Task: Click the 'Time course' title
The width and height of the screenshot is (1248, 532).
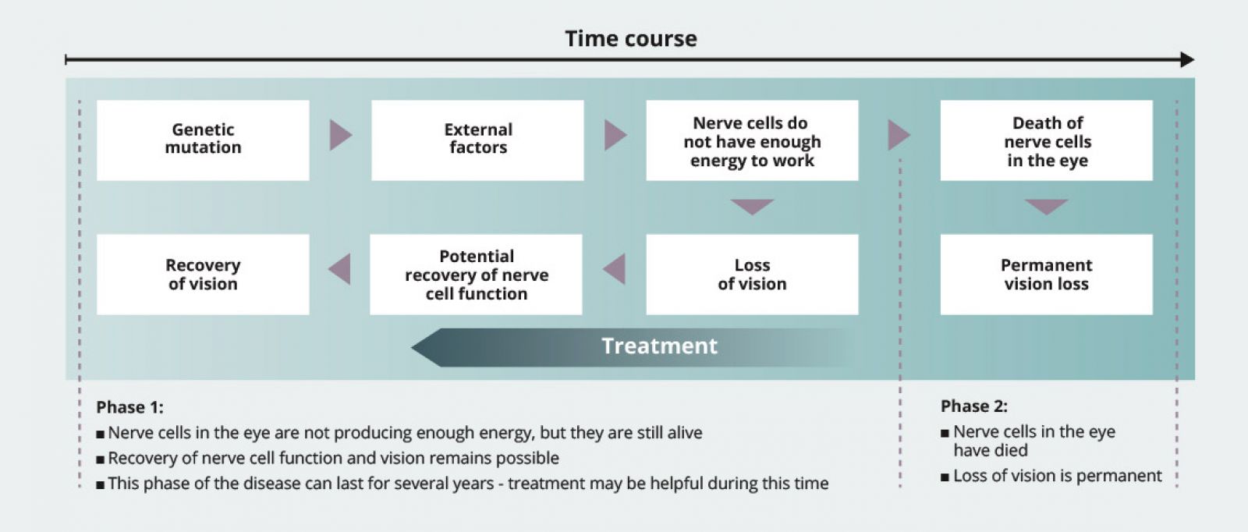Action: tap(631, 38)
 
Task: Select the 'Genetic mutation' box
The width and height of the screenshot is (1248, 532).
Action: tap(203, 140)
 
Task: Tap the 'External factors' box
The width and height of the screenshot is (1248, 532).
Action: tap(477, 140)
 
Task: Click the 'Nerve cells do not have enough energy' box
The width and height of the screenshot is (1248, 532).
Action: tap(752, 140)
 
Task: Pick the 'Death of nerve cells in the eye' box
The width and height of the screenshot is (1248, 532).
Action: tap(1046, 140)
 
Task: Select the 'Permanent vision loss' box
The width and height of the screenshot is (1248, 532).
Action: tap(1046, 274)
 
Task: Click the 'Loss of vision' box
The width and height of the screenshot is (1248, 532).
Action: tap(752, 274)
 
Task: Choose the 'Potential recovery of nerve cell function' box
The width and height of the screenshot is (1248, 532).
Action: tap(477, 274)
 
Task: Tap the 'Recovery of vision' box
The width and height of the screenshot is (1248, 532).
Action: tap(203, 274)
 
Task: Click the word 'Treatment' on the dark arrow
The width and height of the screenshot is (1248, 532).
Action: tap(660, 346)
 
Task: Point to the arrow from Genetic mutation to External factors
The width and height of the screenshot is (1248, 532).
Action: tap(340, 135)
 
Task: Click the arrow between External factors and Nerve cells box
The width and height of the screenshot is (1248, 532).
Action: tap(615, 135)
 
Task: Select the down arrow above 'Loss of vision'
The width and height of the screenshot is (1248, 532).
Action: tap(752, 207)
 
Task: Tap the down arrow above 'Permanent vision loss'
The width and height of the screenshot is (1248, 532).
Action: tap(1046, 207)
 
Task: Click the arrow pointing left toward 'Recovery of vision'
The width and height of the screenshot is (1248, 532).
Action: tap(340, 269)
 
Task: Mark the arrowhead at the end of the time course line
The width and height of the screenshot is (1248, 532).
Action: tap(1187, 59)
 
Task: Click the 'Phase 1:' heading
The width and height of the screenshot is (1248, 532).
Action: tap(129, 407)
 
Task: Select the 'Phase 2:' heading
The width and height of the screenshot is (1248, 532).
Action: tap(974, 406)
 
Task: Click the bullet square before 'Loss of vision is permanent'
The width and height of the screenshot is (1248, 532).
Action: tap(945, 477)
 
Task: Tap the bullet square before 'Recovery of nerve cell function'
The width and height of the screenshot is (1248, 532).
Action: tap(101, 459)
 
